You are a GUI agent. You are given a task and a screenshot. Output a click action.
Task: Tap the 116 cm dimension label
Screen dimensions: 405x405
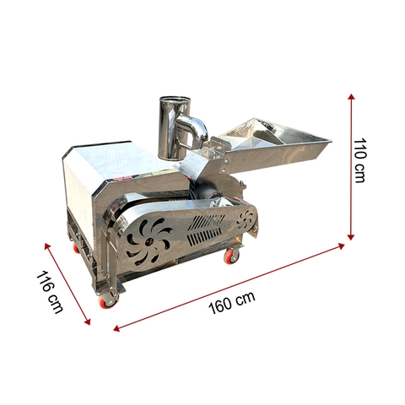coord(51,292)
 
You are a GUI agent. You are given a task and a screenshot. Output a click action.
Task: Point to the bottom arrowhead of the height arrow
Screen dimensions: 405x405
coord(350,236)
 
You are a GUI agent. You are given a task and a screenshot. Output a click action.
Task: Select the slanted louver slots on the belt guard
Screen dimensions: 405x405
coord(208,227)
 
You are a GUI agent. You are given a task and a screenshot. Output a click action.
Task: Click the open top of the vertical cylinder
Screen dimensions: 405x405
coord(174,100)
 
